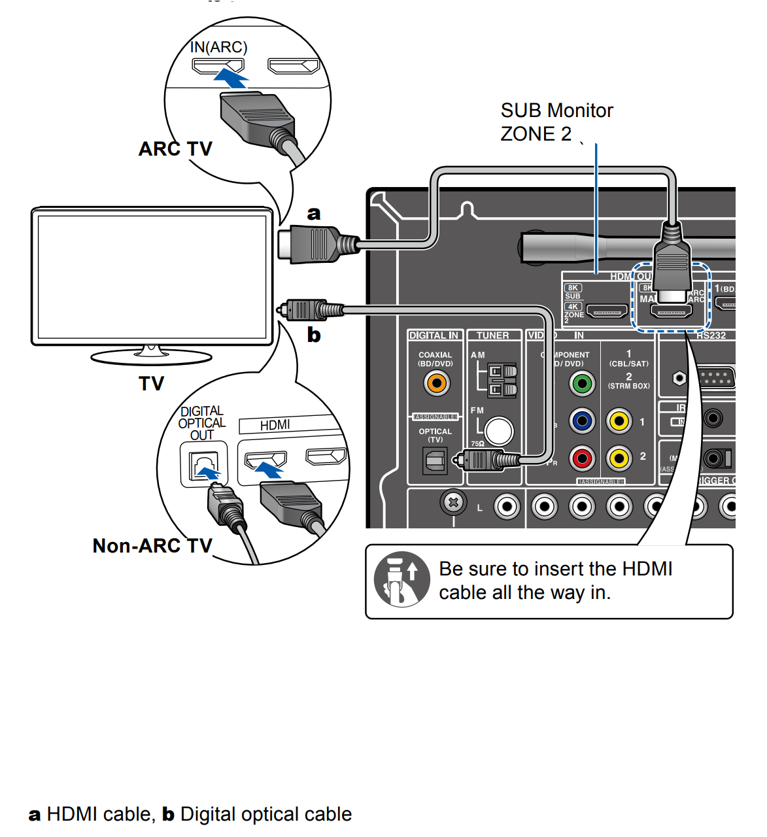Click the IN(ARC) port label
click(218, 47)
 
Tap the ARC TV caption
click(175, 149)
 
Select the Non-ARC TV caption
click(152, 545)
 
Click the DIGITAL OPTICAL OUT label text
click(202, 423)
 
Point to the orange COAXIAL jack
click(437, 383)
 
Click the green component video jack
click(581, 383)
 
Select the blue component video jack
click(581, 421)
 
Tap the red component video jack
click(581, 458)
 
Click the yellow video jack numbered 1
click(619, 421)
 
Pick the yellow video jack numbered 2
click(619, 458)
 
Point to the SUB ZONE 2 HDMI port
click(607, 311)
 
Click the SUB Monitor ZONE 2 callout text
click(556, 122)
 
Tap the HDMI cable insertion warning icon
click(401, 579)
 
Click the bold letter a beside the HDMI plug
click(314, 213)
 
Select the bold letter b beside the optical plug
click(314, 335)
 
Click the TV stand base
click(151, 357)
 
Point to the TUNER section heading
click(492, 335)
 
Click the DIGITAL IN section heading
click(434, 335)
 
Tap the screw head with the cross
click(453, 502)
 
